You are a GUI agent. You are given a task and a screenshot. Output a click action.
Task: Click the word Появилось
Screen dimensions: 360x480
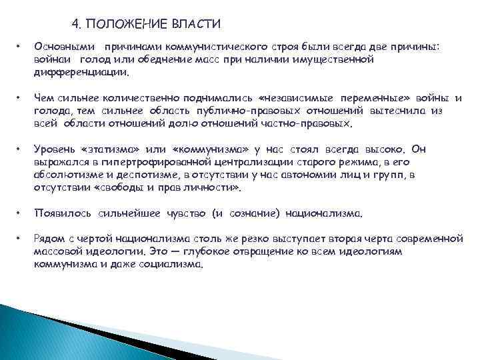tap(60, 215)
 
